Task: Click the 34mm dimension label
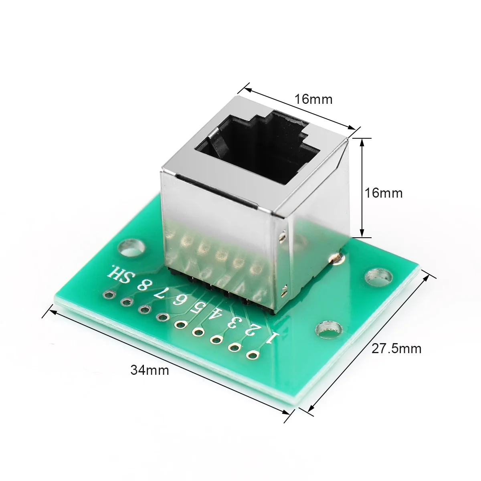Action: pyautogui.click(x=150, y=370)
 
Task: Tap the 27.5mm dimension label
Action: pyautogui.click(x=396, y=349)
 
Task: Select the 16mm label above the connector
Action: pyautogui.click(x=313, y=99)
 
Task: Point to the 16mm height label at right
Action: pyautogui.click(x=383, y=193)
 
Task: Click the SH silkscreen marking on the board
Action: pyautogui.click(x=118, y=274)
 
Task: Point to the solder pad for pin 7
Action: pyautogui.click(x=144, y=309)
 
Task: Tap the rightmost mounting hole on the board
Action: pyautogui.click(x=378, y=275)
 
